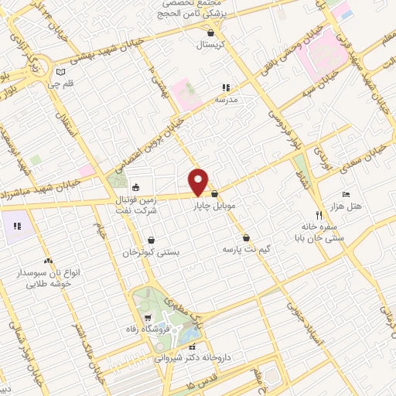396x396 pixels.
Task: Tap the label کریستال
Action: (x=210, y=46)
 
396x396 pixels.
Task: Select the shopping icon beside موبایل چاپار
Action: (x=215, y=194)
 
